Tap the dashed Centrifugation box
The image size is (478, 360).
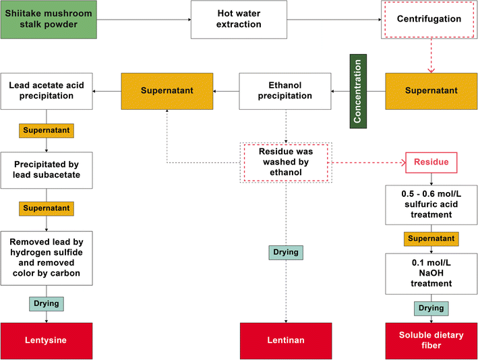pyautogui.click(x=429, y=19)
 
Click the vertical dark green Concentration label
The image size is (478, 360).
pyautogui.click(x=357, y=90)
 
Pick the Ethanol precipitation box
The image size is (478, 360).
pyautogui.click(x=285, y=91)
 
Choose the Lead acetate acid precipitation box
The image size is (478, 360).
pyautogui.click(x=46, y=91)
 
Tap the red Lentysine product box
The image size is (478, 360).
pyautogui.click(x=46, y=340)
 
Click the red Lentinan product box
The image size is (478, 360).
pyautogui.click(x=286, y=340)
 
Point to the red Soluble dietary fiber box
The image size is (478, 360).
pyautogui.click(x=429, y=340)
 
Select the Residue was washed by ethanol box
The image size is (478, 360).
pyautogui.click(x=286, y=162)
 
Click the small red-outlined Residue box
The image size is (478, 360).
pyautogui.click(x=431, y=162)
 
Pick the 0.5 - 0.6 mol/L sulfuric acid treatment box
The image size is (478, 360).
pyautogui.click(x=431, y=205)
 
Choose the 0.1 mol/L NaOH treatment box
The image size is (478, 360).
pyautogui.click(x=431, y=274)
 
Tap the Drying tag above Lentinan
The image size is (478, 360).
pyautogui.click(x=286, y=252)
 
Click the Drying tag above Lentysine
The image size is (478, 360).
pyautogui.click(x=46, y=303)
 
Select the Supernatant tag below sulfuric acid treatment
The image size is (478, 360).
pyautogui.click(x=431, y=239)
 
